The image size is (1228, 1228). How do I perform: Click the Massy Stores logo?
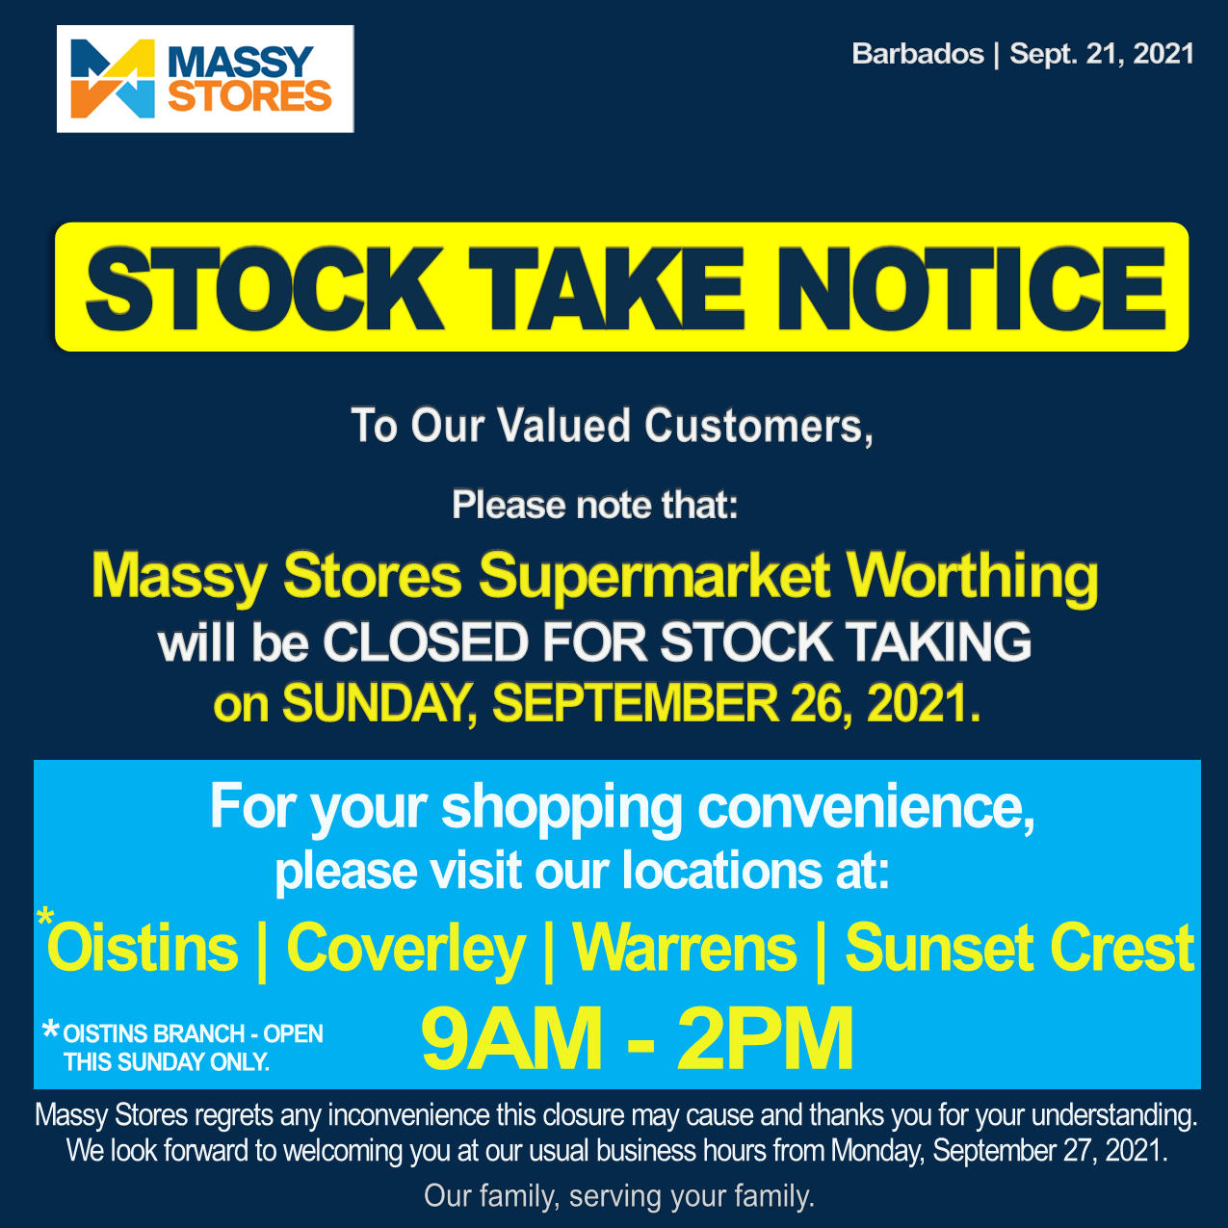pos(205,79)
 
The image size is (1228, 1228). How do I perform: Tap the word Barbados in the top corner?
pos(917,54)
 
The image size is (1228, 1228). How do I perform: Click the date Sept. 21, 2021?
pos(1102,54)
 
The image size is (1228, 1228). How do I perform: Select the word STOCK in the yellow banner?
pos(263,288)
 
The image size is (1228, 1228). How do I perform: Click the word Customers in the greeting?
pos(758,427)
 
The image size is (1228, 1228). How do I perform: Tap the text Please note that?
pos(594,505)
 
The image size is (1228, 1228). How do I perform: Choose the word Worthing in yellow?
pos(972,576)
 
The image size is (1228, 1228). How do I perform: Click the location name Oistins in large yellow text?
pos(143,949)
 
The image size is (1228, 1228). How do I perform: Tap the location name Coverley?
pos(405,949)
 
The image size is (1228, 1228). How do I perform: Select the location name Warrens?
pos(685,949)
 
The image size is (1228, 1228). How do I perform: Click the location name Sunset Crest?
pos(1019,949)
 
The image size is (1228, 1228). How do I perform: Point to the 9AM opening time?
pos(510,1039)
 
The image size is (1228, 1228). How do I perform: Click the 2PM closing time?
pos(765,1039)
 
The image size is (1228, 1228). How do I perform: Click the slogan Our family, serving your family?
pos(619,1196)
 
